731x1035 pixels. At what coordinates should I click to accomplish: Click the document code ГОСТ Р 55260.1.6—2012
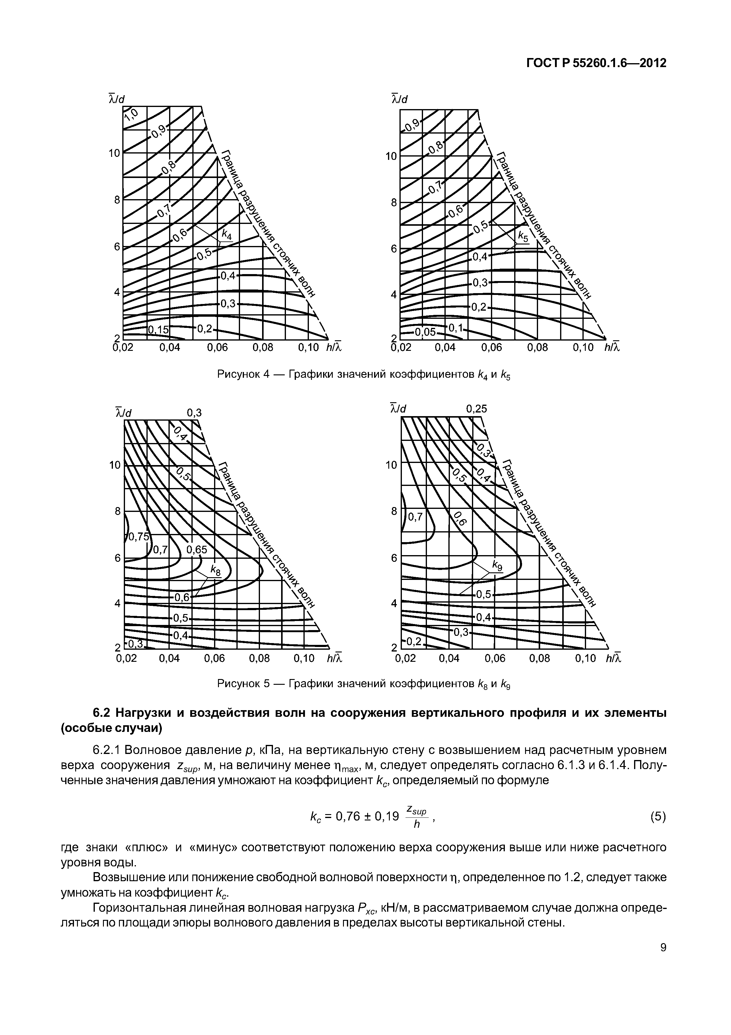point(596,63)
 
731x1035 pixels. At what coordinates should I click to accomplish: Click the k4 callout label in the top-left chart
point(226,235)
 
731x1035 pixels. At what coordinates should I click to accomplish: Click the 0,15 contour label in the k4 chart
point(158,330)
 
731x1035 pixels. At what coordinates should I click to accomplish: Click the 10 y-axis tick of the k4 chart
point(114,153)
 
